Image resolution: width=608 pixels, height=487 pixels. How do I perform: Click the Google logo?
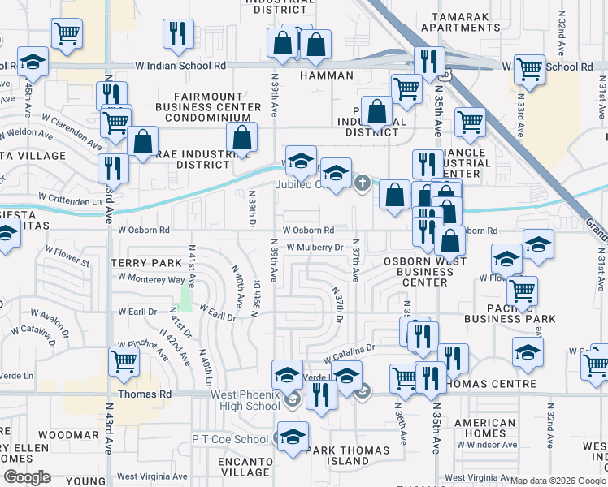(26, 477)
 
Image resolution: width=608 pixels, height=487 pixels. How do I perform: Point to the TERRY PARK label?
(145, 263)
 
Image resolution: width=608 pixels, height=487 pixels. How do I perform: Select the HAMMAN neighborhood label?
(327, 75)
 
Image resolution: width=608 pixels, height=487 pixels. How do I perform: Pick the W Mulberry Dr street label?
(315, 247)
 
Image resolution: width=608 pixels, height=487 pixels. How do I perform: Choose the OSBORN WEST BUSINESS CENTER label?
(425, 272)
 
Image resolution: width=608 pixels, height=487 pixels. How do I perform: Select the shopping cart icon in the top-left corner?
(66, 33)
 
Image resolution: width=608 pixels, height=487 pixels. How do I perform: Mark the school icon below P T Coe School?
(293, 437)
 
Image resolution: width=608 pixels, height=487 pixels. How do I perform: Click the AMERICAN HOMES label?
(484, 428)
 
